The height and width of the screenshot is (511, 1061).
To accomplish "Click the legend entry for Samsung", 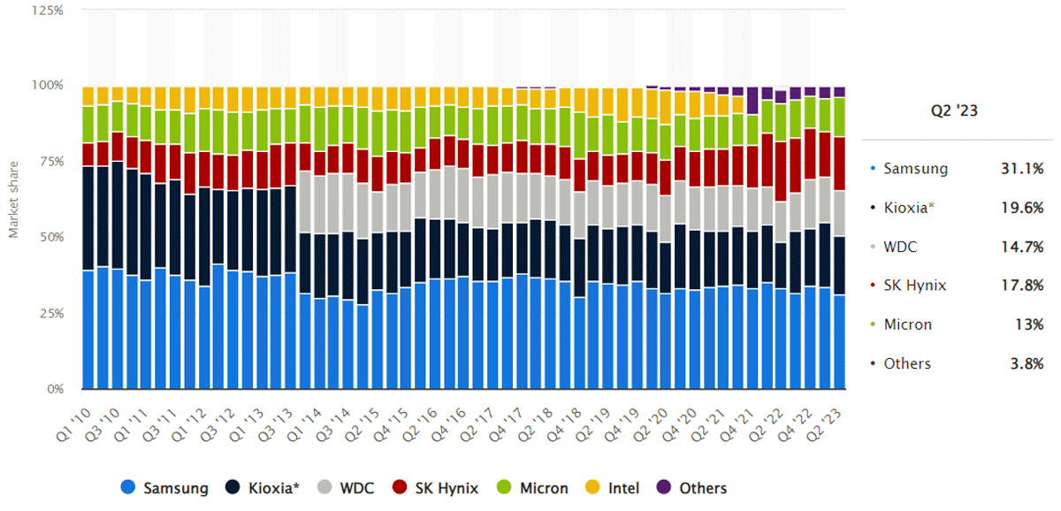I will tap(166, 488).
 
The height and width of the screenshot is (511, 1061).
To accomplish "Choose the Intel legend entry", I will tap(615, 488).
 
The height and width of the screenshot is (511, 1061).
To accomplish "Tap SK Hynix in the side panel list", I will tap(914, 286).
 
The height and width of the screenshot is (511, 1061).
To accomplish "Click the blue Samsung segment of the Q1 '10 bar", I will tap(88, 330).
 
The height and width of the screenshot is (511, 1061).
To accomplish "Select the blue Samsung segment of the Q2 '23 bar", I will tap(838, 342).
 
